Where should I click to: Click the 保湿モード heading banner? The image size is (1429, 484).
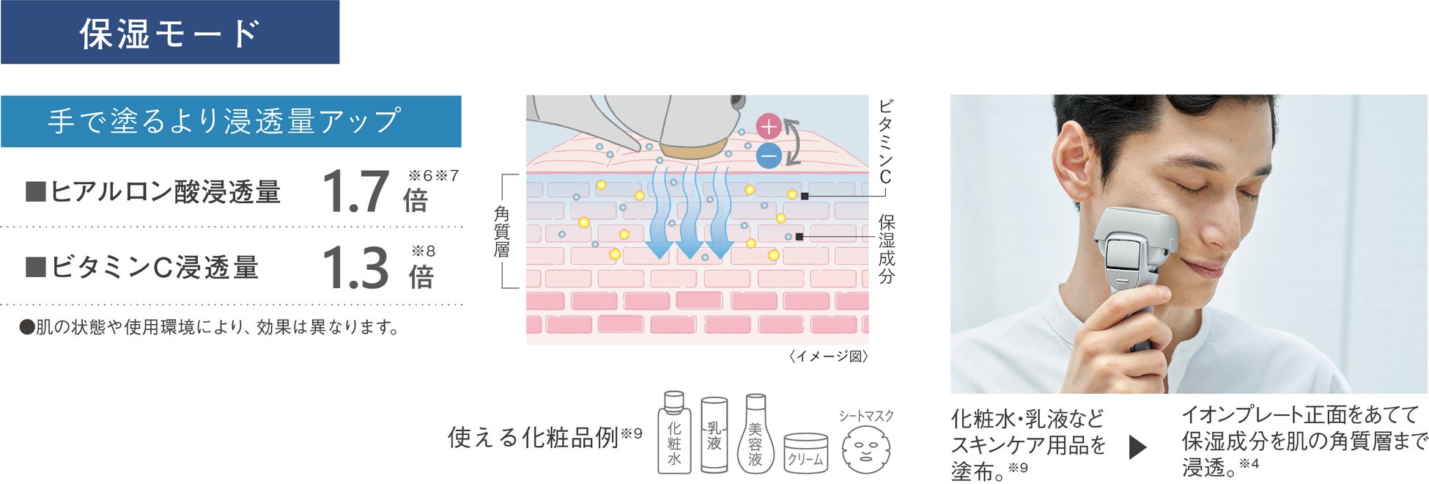coord(169,32)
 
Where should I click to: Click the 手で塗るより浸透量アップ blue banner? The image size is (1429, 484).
coord(230,121)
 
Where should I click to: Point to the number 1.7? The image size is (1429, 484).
coord(355,192)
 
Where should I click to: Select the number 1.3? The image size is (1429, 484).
coord(355,268)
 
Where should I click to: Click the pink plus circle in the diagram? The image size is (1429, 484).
coord(768,128)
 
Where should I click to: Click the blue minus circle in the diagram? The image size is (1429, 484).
coord(768,155)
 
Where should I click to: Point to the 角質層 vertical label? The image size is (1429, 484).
coord(501,232)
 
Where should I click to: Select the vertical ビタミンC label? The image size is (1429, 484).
coord(885,142)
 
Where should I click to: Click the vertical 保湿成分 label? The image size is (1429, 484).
coord(886,249)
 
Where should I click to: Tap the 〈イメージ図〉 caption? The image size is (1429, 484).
coord(828,356)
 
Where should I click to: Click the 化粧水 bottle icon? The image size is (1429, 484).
coord(674,434)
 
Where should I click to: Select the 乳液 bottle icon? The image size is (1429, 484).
coord(714,436)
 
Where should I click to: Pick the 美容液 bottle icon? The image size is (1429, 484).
coord(755,436)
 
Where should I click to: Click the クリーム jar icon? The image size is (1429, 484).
coord(805,453)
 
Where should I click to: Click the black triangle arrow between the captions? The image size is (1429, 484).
coord(1137,447)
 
